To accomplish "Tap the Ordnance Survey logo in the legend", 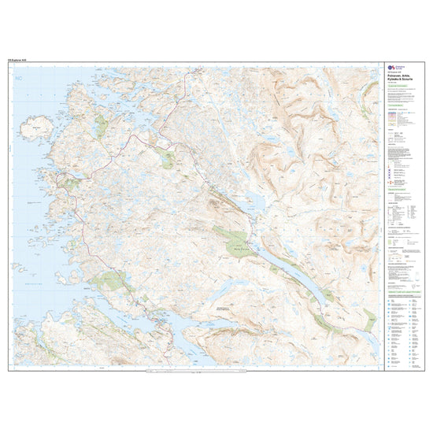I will pos(391,70).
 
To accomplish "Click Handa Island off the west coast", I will pos(35,127).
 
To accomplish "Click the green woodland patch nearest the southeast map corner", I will pos(369,319).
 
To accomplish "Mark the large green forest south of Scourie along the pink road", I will pos(106,279).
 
